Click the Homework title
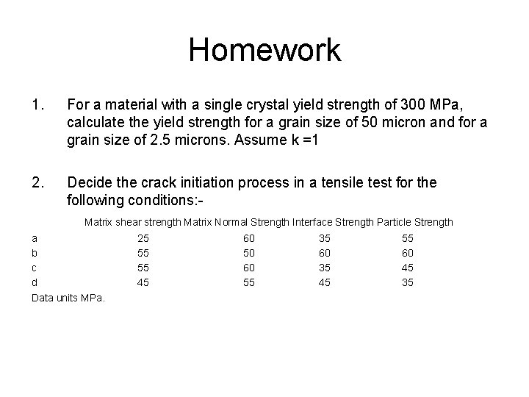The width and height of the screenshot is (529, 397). [264, 50]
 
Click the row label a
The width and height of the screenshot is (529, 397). [35, 238]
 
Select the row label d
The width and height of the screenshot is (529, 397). [35, 282]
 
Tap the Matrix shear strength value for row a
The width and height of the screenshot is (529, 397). [143, 238]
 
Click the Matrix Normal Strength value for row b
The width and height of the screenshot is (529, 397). [248, 253]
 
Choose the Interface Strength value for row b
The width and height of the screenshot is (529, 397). [325, 253]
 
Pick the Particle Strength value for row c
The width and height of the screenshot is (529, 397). [408, 268]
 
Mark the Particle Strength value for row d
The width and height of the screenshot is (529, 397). [408, 282]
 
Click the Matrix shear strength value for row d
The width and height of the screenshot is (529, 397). [143, 282]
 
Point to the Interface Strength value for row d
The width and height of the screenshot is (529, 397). [325, 282]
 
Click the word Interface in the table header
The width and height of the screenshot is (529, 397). [313, 221]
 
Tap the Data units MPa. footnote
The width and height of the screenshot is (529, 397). [69, 298]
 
